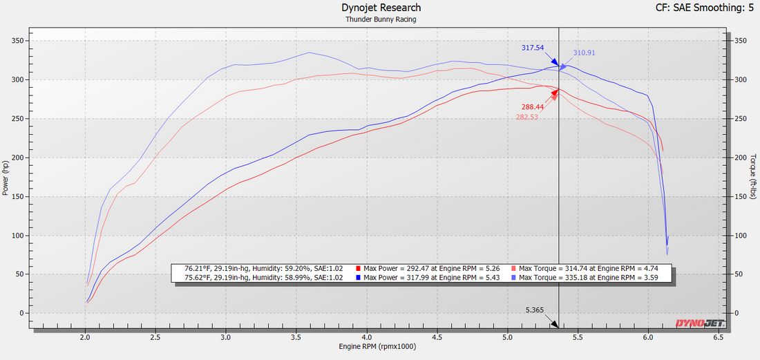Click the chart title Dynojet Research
pos(381,8)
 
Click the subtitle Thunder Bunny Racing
pos(381,19)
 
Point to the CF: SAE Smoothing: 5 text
pos(704,8)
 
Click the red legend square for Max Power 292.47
pos(359,268)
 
